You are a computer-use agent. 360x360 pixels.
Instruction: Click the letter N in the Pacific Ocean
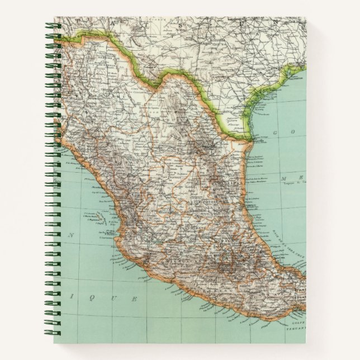pos(71,235)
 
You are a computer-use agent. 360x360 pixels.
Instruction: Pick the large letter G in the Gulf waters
pos(274,132)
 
